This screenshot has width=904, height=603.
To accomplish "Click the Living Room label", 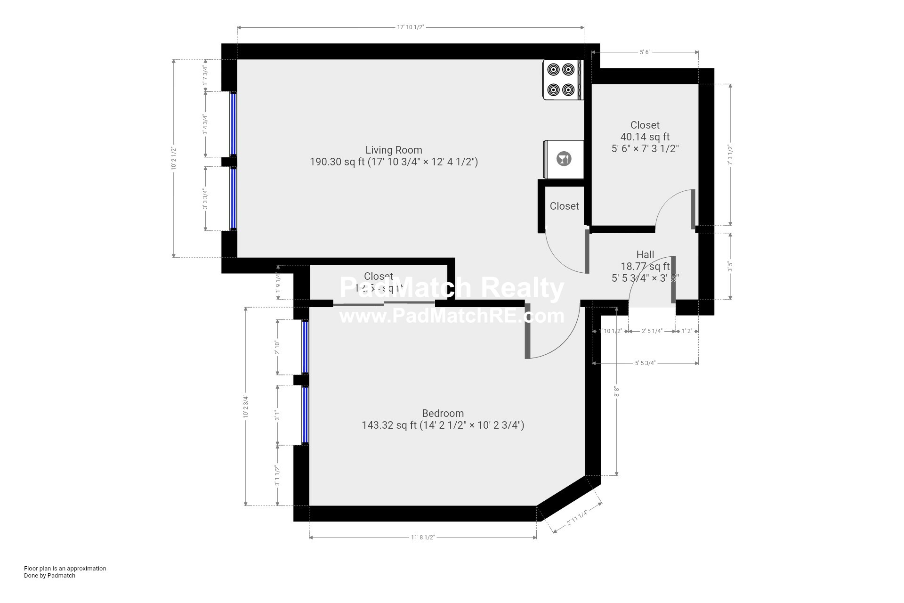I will click(x=394, y=150).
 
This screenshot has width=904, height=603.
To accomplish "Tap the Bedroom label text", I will click(x=443, y=414).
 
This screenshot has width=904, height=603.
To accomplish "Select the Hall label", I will click(x=645, y=255).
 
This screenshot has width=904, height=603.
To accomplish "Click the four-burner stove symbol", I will click(x=562, y=79).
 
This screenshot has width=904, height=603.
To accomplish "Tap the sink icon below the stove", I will click(x=564, y=159).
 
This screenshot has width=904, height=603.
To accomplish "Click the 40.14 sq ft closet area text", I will click(x=645, y=137).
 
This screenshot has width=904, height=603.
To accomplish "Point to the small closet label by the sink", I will click(x=564, y=206).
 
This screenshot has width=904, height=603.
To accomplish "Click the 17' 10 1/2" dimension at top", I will click(x=411, y=27).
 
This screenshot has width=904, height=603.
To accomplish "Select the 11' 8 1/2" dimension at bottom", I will click(x=422, y=538).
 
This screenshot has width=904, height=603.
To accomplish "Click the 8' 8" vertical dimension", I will click(x=616, y=391).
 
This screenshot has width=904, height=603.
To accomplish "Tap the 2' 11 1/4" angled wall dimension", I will click(x=577, y=518).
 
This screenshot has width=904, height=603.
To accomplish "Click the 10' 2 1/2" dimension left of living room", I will click(x=174, y=158).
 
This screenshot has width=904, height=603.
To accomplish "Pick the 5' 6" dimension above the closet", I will click(x=645, y=52).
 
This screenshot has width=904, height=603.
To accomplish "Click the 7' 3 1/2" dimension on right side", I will click(x=730, y=155).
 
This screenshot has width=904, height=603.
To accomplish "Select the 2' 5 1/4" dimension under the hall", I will click(x=652, y=331).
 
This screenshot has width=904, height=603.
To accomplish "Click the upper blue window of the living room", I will click(x=233, y=124).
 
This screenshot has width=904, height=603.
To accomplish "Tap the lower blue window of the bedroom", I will click(x=305, y=415).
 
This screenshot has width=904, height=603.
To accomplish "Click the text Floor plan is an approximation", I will click(x=65, y=569).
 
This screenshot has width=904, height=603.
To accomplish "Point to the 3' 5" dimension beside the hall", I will click(x=730, y=267).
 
